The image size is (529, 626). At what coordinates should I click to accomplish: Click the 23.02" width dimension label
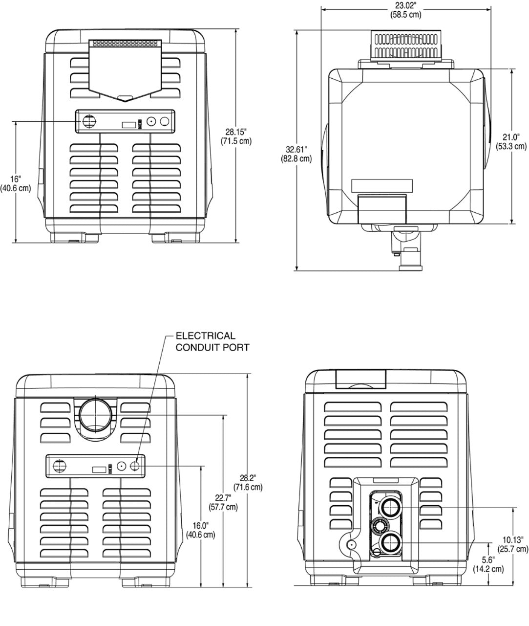(405, 10)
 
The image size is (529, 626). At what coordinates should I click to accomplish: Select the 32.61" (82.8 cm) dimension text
(296, 154)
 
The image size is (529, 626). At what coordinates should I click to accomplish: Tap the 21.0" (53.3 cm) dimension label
(511, 141)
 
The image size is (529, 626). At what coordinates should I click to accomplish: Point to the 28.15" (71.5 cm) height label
(236, 136)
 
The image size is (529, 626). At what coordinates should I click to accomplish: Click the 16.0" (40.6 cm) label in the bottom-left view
(200, 530)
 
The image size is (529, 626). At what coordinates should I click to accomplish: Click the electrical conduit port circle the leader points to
(136, 466)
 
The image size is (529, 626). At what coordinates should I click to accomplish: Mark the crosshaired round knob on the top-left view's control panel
(88, 121)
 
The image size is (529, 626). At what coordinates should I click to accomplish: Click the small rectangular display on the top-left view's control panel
(128, 124)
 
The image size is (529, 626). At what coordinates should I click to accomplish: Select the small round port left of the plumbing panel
(350, 544)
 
